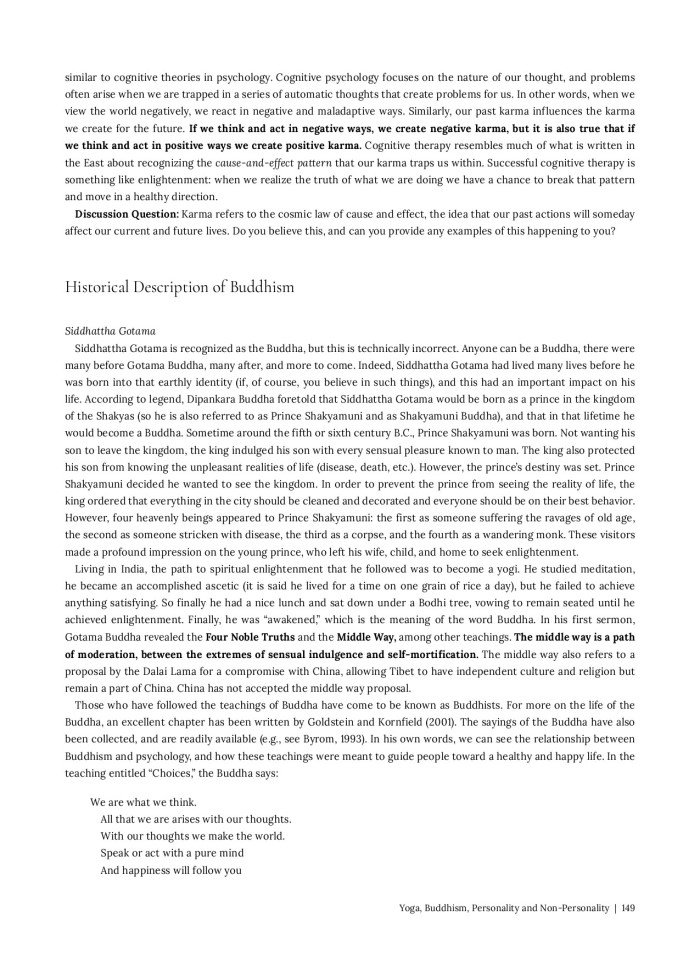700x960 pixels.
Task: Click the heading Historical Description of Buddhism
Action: [180, 286]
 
